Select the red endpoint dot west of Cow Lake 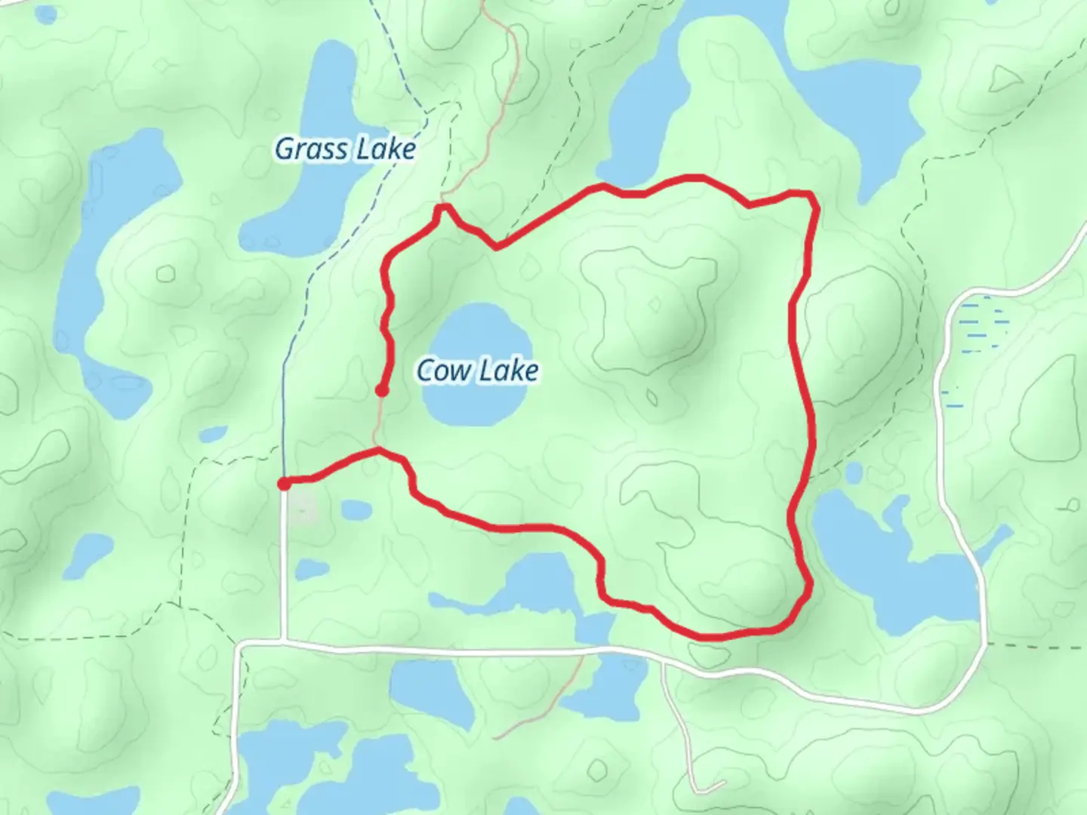(x=383, y=390)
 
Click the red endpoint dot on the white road (x=284, y=483)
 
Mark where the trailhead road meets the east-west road (x=284, y=643)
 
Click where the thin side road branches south (x=663, y=664)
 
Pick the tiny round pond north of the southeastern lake (x=854, y=473)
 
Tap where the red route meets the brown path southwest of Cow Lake (x=378, y=451)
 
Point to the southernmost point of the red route (x=713, y=637)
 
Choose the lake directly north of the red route (x=649, y=113)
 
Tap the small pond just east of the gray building (x=355, y=511)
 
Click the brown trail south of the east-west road (x=551, y=702)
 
